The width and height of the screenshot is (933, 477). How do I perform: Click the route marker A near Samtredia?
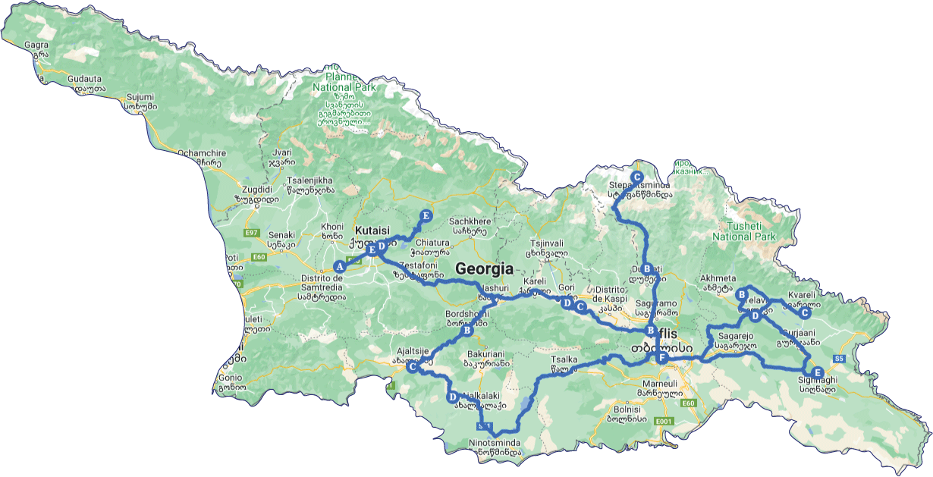(340, 266)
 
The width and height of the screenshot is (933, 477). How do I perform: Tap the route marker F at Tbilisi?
(661, 358)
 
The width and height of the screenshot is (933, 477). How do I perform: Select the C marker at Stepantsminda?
(637, 177)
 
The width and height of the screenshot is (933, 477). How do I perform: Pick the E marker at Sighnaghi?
(816, 372)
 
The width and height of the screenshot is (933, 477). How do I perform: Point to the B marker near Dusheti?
(647, 268)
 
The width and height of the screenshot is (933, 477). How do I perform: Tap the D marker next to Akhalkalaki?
(452, 397)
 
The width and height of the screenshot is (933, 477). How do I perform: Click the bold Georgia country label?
(484, 268)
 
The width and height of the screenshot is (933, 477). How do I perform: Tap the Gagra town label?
(36, 45)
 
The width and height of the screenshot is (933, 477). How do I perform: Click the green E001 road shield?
(664, 421)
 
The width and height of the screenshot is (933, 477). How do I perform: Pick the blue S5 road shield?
(838, 358)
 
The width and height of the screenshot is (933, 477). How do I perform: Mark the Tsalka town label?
(558, 360)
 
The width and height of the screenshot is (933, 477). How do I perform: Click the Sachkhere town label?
(468, 215)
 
